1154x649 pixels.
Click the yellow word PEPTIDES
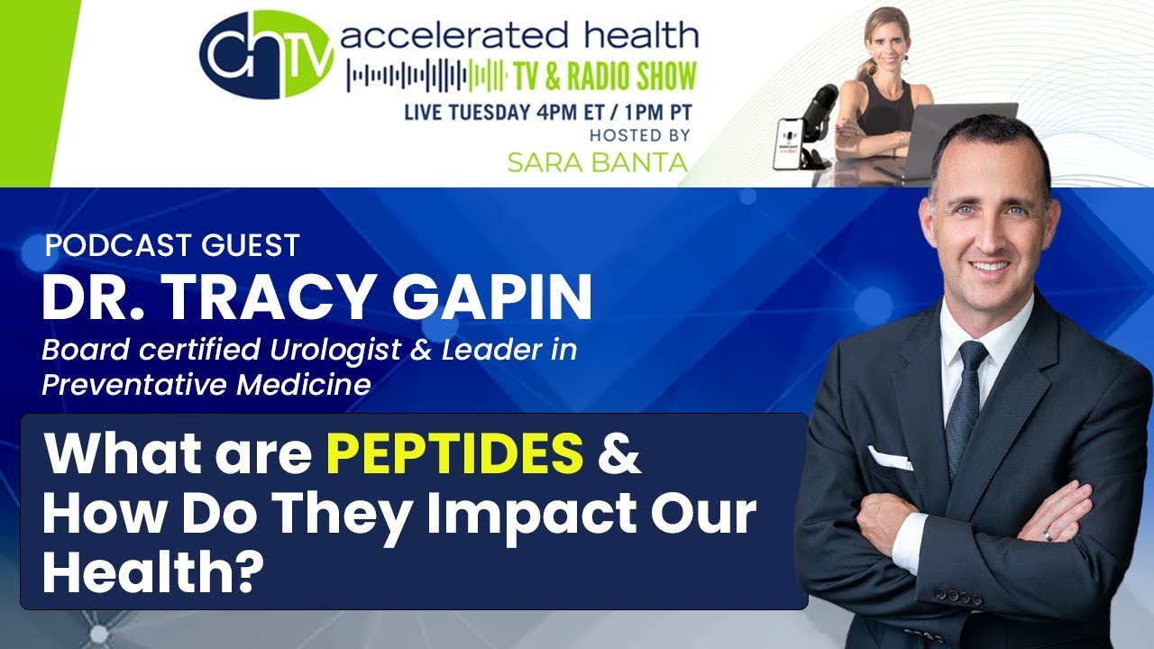tap(455, 453)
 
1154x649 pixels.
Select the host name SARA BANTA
tap(598, 162)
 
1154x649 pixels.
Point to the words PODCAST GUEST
tap(172, 245)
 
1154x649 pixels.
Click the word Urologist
tap(335, 351)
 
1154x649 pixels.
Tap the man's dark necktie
tap(965, 407)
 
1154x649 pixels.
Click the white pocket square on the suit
tap(890, 458)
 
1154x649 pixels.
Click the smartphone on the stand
tap(788, 144)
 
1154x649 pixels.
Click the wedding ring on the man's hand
tap(1048, 535)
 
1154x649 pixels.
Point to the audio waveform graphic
tap(426, 76)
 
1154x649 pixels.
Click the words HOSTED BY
tap(639, 135)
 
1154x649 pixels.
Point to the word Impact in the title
tap(532, 515)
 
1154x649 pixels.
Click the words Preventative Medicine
tap(206, 385)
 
